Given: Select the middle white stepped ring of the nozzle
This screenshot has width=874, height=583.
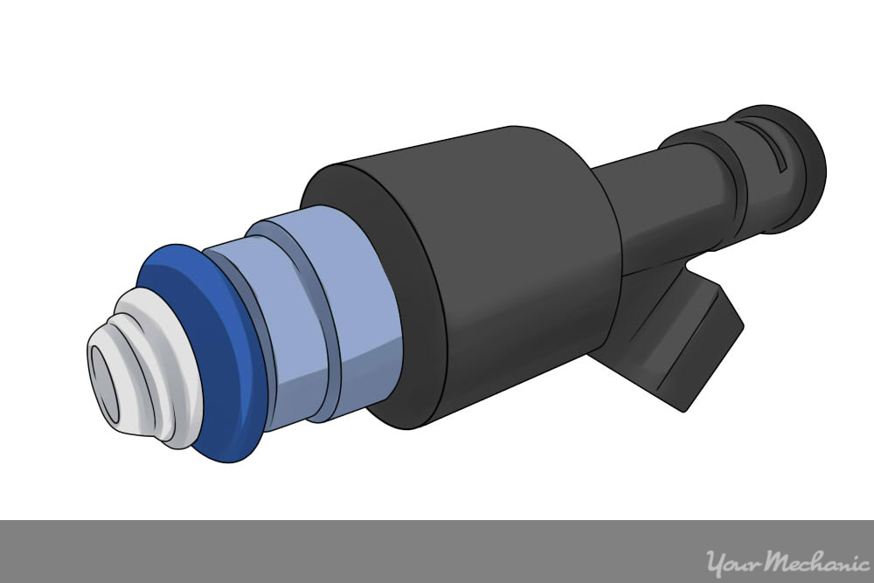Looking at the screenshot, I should point(140,376).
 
